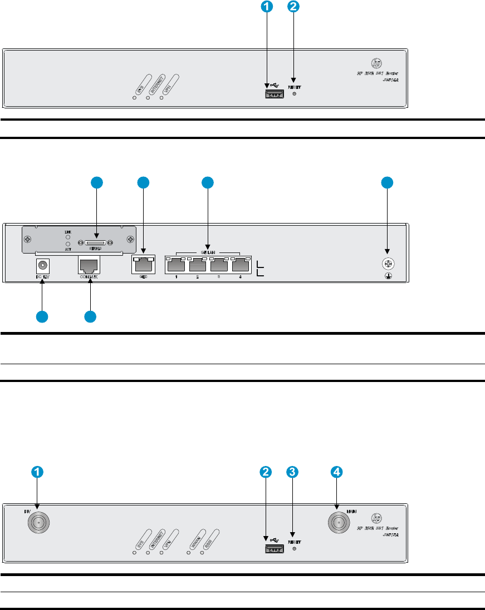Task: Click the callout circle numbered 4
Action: pyautogui.click(x=336, y=472)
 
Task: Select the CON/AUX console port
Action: pyautogui.click(x=89, y=265)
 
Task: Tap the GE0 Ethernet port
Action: pyautogui.click(x=143, y=264)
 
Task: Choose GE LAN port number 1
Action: pyautogui.click(x=176, y=265)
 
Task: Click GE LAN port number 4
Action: pyautogui.click(x=241, y=265)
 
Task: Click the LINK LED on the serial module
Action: pyautogui.click(x=68, y=235)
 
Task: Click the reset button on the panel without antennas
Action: pyautogui.click(x=295, y=93)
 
